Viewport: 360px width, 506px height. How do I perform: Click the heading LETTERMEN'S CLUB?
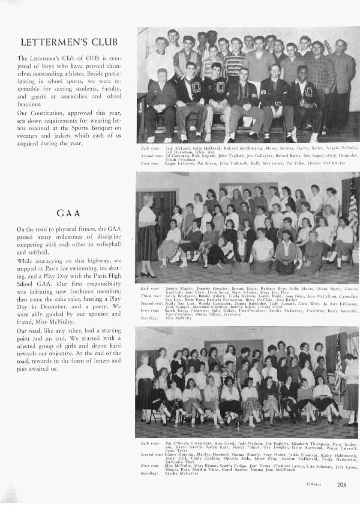(x=69, y=42)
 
